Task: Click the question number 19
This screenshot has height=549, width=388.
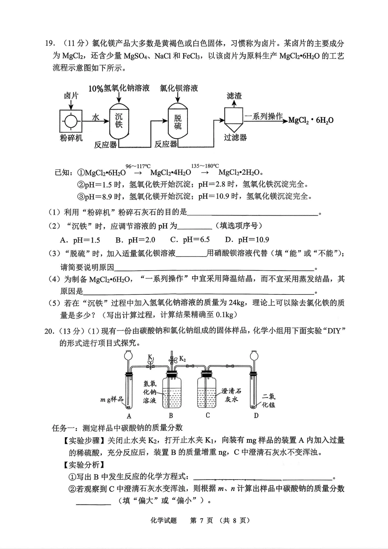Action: point(49,44)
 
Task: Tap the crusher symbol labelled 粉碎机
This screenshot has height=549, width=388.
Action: point(71,122)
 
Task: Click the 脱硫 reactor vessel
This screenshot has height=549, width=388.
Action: point(178,121)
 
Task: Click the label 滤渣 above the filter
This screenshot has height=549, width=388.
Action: point(234,96)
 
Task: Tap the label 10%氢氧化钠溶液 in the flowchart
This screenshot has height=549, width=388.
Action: point(119,88)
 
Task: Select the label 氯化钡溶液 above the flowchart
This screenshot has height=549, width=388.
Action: point(179,88)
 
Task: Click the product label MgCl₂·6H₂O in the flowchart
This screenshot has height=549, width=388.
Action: point(311,120)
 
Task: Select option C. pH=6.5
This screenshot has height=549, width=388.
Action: point(190,240)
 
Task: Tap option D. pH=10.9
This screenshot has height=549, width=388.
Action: point(247,240)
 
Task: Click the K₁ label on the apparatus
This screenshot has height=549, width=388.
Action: point(151,357)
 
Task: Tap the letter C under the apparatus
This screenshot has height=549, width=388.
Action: point(208,415)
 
